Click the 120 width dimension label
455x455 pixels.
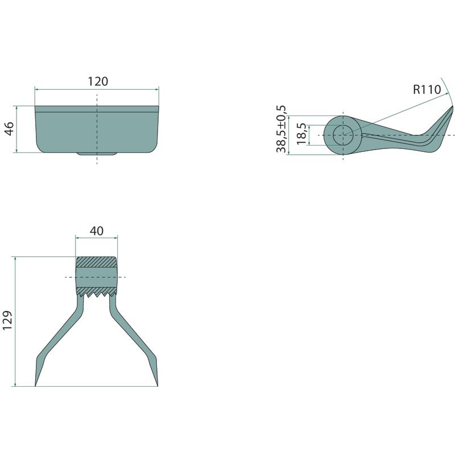[98, 81]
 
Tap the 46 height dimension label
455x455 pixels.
[10, 129]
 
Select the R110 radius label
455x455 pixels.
[427, 90]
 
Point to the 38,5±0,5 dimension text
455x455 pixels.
[281, 129]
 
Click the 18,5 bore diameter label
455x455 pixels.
[301, 134]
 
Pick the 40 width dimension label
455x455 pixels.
[97, 231]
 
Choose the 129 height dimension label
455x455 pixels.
[7, 320]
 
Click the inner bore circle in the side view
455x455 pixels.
[343, 135]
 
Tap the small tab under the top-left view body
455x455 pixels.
[97, 154]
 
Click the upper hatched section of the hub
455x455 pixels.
[97, 262]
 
